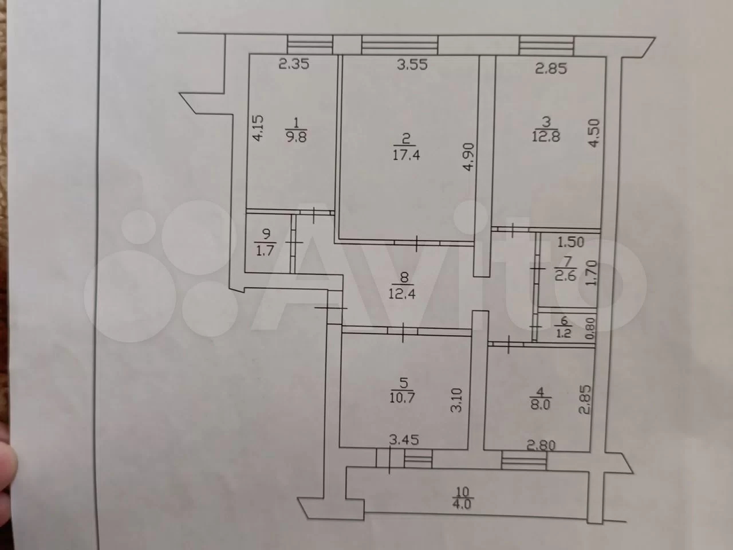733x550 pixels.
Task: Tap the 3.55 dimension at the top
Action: [x=412, y=64]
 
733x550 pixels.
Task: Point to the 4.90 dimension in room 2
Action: [x=469, y=156]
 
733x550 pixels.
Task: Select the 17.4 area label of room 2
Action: [x=406, y=155]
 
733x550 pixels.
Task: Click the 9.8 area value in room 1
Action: [x=297, y=136]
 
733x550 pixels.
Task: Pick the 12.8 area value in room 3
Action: [x=546, y=136]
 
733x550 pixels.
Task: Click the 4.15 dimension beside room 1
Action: [x=258, y=128]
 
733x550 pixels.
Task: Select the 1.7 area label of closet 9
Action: [x=265, y=250]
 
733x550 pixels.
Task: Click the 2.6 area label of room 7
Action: [x=565, y=276]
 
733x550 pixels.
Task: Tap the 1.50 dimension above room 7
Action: [x=571, y=242]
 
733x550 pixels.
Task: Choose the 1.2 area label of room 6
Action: [x=563, y=333]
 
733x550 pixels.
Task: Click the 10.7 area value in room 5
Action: [x=403, y=398]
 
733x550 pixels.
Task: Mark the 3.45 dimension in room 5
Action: [x=404, y=441]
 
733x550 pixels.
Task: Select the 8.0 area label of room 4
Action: [x=541, y=405]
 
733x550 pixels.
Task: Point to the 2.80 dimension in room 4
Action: [x=541, y=445]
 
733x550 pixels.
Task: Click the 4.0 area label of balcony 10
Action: [x=461, y=503]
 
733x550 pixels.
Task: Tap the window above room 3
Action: [x=546, y=45]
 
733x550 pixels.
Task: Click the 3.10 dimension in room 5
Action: [x=456, y=400]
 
